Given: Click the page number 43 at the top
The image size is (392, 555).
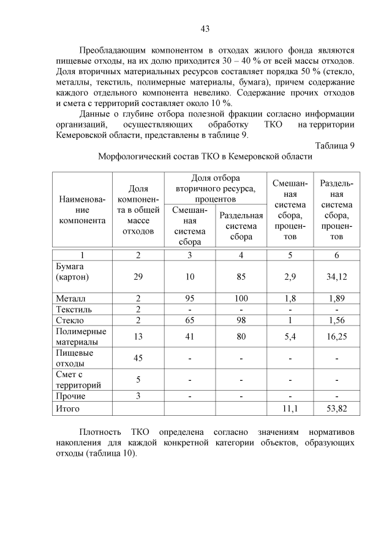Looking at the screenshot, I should click(x=205, y=28).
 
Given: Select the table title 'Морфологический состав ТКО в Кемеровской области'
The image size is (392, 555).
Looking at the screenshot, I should click(x=205, y=156).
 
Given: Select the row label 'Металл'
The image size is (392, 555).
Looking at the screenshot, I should click(x=70, y=298).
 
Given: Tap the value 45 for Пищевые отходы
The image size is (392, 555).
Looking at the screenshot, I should click(x=138, y=358).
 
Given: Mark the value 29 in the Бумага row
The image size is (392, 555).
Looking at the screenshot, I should click(x=138, y=277).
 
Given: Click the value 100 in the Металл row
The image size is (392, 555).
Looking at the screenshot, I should click(x=241, y=298).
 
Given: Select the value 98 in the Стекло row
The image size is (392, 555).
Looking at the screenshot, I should click(x=241, y=320).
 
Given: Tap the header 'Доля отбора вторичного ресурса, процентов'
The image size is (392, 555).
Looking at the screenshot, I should click(x=215, y=188).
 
